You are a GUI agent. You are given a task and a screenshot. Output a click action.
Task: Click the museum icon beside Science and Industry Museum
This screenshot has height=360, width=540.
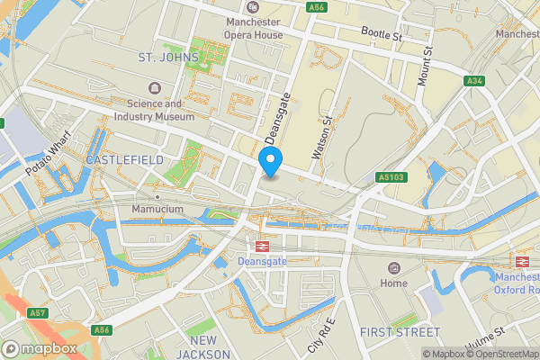click(x=155, y=87)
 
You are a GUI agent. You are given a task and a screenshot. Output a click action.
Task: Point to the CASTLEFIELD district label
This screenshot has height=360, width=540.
click(x=125, y=159)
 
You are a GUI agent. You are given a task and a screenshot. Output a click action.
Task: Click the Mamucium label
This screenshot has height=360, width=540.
click(x=157, y=209)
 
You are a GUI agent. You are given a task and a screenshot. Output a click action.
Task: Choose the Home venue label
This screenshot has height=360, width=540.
click(x=393, y=283)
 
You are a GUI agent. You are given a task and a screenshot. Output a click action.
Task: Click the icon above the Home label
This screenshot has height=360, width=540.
click(x=393, y=268)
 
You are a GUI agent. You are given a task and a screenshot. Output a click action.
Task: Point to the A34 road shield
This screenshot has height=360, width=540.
click(x=474, y=82)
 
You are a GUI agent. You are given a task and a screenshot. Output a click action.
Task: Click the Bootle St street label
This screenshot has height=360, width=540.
click(x=380, y=36)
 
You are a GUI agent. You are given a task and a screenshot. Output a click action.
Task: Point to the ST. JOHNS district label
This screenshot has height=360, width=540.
click(x=166, y=57)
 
